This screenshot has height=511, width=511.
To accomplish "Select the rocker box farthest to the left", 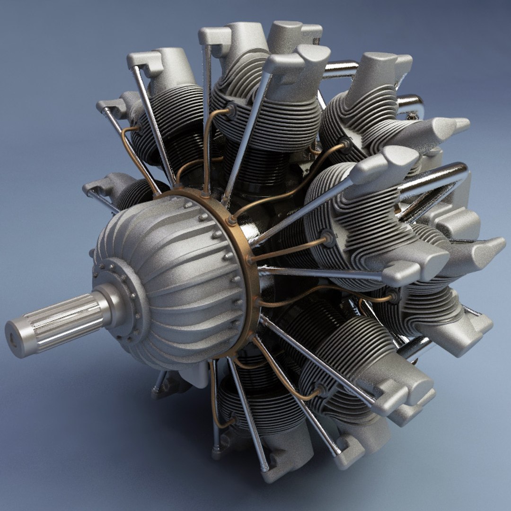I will click(97, 187).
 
